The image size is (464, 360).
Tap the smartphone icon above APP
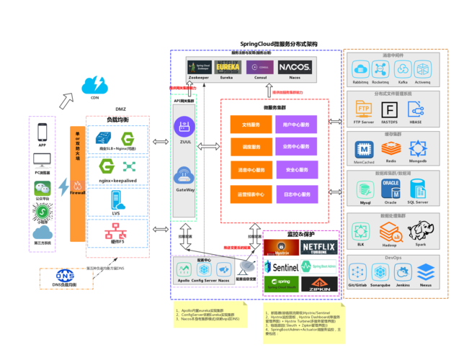point(42,132)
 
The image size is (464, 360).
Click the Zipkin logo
point(318,283)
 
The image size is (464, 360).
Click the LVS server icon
point(116,200)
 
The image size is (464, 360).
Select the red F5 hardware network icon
point(115,232)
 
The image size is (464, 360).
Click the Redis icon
point(391,148)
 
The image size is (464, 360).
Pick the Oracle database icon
point(391,189)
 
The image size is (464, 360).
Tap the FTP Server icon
point(363,109)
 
